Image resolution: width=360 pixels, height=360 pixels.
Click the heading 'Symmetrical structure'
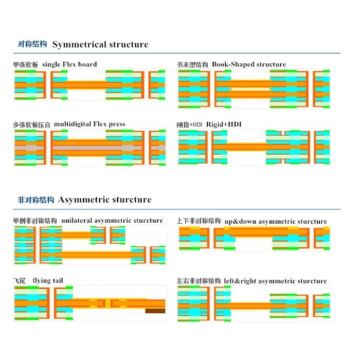[x=100, y=45]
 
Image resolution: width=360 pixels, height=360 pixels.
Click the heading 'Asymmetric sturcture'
[x=105, y=200]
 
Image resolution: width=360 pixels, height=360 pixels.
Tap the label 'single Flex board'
[x=69, y=64]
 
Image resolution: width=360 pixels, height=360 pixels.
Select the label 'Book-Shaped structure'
[x=249, y=64]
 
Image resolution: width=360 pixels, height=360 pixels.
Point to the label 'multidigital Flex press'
[x=89, y=124]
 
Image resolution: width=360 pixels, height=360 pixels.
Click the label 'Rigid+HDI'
[x=224, y=124]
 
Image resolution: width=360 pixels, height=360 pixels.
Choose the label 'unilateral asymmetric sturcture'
[x=112, y=221]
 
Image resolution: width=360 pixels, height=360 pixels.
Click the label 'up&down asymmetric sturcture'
[x=276, y=221]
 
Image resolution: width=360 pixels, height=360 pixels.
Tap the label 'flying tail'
[x=48, y=281]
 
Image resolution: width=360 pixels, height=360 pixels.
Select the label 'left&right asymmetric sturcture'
[x=275, y=281]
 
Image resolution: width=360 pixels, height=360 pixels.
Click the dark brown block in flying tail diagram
[x=155, y=311]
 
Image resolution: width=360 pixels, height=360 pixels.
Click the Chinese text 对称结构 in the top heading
[x=32, y=44]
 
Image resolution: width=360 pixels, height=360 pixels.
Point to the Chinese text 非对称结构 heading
[x=36, y=200]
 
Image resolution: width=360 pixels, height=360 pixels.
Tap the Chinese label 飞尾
[x=20, y=281]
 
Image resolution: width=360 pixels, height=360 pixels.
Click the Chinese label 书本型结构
[x=192, y=64]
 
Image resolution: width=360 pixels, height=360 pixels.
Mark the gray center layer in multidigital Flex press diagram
[x=90, y=148]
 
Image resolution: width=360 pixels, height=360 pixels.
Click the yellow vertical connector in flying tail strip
[x=107, y=303]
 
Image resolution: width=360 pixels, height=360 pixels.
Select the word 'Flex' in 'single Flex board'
[x=69, y=64]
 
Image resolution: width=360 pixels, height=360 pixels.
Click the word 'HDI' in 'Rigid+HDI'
[x=235, y=124]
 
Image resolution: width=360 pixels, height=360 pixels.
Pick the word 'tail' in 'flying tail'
[x=58, y=280]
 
